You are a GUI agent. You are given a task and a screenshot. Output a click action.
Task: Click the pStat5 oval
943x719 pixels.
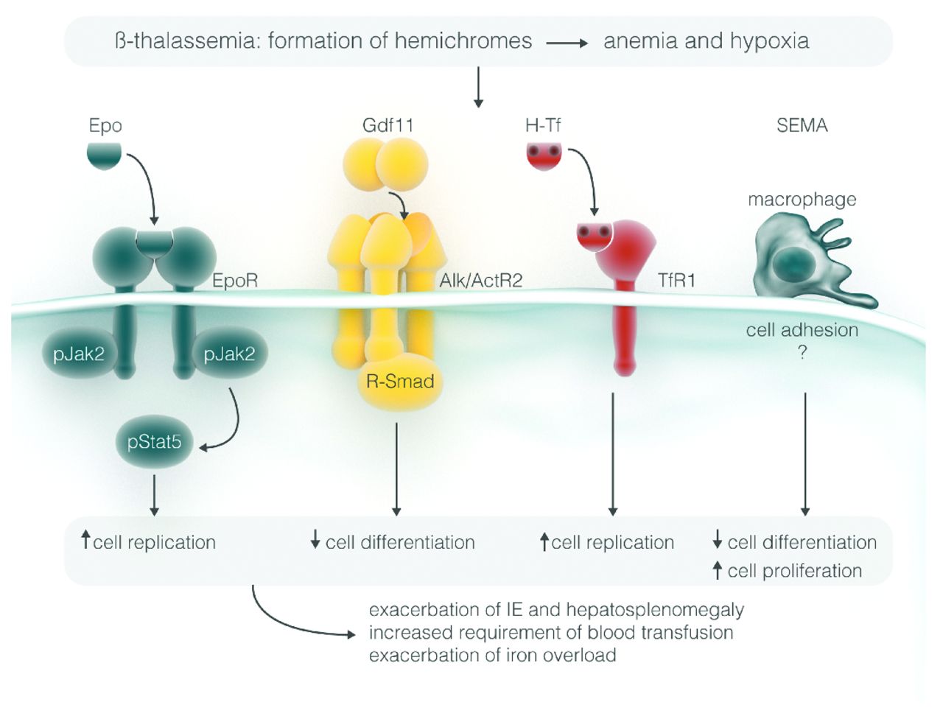154,443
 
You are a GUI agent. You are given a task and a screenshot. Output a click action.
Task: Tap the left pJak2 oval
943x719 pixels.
79,354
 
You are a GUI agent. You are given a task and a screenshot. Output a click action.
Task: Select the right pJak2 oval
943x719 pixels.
229,354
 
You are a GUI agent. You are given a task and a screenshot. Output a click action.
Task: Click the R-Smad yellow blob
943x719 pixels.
400,382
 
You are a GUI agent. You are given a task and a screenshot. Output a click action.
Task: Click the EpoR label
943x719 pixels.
235,281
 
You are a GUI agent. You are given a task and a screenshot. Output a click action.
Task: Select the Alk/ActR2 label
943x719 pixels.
480,281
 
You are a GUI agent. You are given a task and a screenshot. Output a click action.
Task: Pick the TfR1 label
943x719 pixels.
677,281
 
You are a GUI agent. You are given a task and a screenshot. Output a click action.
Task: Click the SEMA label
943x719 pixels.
802,126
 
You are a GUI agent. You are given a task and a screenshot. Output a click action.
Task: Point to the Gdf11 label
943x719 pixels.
388,126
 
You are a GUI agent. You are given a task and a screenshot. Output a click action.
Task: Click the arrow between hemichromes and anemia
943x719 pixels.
567,43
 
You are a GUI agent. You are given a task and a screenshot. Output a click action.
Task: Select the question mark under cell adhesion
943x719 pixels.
802,353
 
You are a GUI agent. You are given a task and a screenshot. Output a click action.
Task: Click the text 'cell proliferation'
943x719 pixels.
794,571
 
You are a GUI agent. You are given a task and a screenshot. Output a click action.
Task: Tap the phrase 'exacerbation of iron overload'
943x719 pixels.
492,655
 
